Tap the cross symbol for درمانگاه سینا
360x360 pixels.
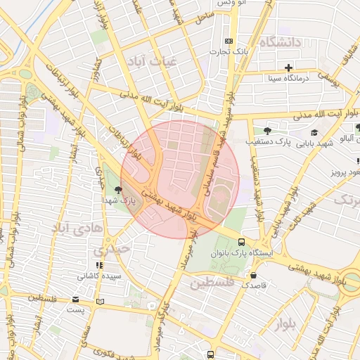pos(288,67)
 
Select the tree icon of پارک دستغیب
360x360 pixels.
pos(266,131)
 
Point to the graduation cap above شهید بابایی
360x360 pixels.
pos(314,132)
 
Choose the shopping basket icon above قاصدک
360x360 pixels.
pos(253,275)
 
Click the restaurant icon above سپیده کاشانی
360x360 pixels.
pos(99,265)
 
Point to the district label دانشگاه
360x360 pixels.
pos(279,43)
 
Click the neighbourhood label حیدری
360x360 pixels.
pos(113,249)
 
